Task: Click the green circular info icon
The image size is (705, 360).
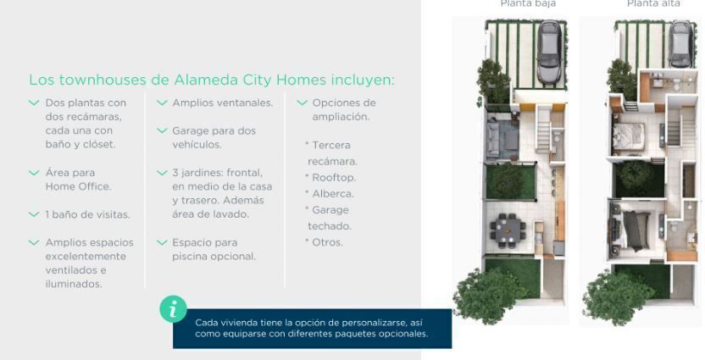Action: (173, 309)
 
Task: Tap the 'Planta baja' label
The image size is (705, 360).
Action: (528, 3)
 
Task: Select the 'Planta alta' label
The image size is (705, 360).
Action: (653, 3)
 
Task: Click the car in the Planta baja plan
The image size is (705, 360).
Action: (549, 53)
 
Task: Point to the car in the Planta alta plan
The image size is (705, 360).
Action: (680, 44)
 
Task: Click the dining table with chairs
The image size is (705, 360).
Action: (508, 230)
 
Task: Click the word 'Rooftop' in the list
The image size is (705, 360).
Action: (333, 178)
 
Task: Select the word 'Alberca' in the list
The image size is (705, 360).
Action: (332, 194)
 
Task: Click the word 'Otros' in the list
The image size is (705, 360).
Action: (327, 242)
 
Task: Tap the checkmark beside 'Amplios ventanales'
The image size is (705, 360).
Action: (162, 103)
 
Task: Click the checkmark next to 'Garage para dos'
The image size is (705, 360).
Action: (162, 131)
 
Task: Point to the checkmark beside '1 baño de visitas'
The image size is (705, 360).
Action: (34, 215)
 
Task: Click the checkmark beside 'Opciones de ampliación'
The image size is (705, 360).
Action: (303, 103)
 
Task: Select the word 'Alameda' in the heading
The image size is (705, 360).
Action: (202, 80)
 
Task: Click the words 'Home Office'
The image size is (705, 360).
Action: (78, 186)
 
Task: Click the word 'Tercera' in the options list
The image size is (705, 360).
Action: (331, 145)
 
